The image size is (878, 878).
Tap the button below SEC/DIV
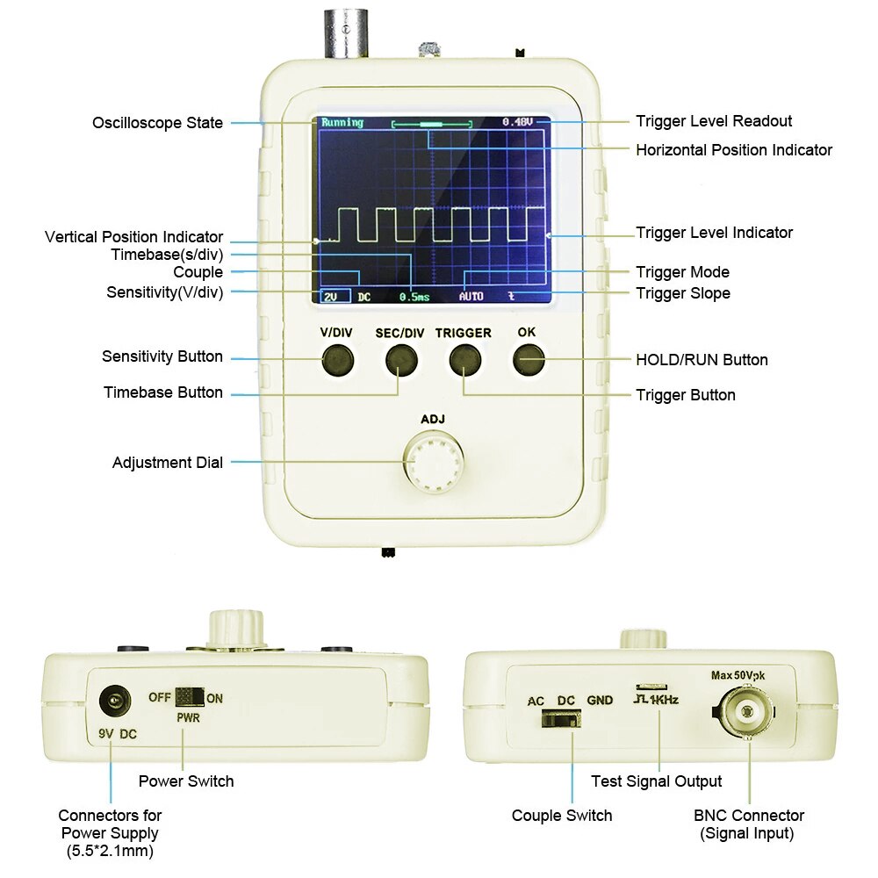click(400, 360)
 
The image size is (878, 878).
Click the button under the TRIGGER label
click(464, 360)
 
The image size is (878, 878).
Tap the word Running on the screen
click(342, 122)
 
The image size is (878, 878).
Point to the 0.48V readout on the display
click(517, 122)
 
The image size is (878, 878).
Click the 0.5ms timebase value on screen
click(414, 297)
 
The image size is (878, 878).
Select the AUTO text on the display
click(471, 297)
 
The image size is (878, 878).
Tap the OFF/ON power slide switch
click(189, 697)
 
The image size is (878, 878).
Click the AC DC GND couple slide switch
click(560, 720)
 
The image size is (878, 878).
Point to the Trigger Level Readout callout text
click(714, 121)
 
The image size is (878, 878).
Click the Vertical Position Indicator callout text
click(133, 237)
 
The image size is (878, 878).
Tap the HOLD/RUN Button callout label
click(702, 360)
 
